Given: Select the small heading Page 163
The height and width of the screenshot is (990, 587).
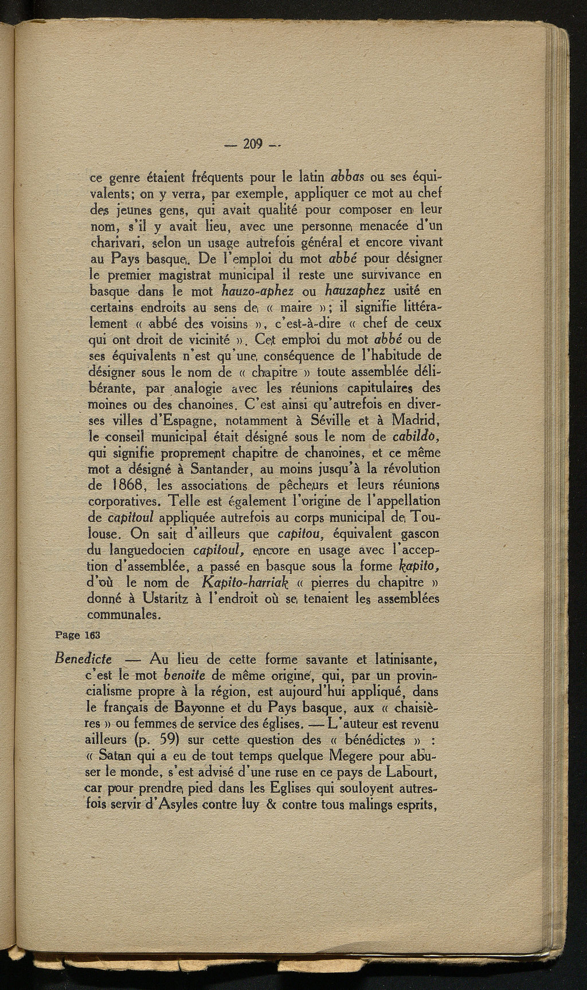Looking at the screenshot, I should pos(78,636).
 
